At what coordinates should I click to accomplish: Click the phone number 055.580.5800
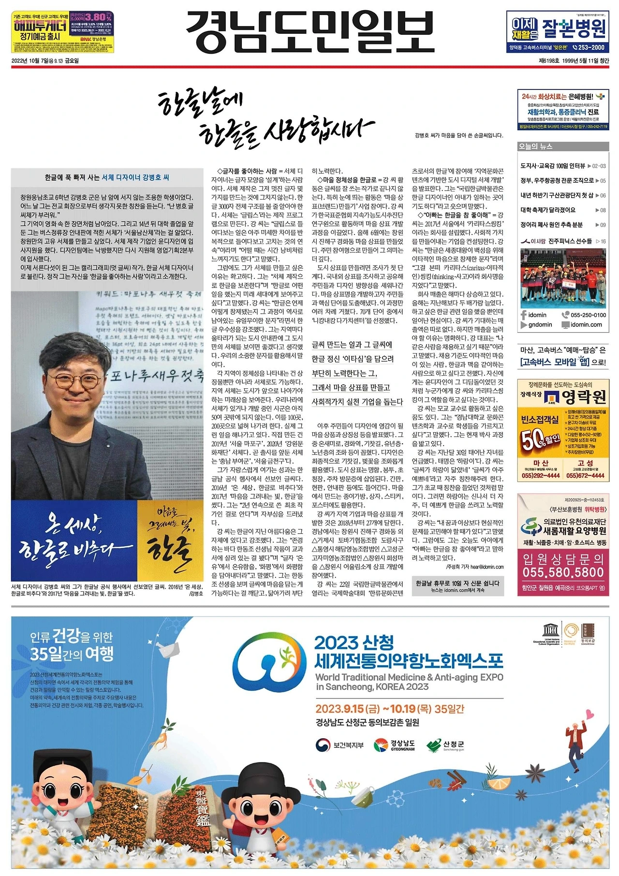pos(563,572)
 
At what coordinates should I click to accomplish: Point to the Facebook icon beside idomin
pos(524,315)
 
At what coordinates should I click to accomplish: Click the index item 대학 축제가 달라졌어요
pos(548,210)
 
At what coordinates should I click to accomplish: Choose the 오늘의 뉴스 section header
pos(535,146)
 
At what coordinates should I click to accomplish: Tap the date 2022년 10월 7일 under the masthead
pos(44,61)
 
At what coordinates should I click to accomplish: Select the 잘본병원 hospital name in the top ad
pos(574,29)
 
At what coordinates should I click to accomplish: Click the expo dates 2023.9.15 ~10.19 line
pos(389,709)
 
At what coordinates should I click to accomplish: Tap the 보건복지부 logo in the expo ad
pos(339,745)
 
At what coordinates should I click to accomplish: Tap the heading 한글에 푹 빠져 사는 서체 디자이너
pos(107,177)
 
